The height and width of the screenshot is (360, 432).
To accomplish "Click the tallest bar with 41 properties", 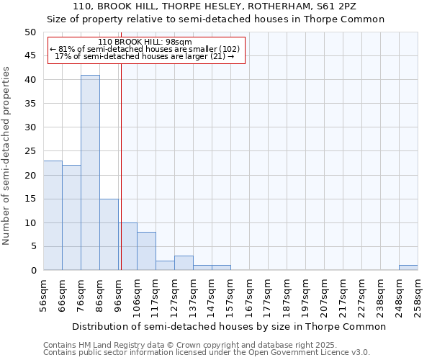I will point(90,173).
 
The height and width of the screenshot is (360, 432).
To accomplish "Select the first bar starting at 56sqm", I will point(53,215).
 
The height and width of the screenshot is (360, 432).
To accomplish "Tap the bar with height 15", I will point(109,235).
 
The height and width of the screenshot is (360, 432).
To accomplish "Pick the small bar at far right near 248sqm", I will point(408,268).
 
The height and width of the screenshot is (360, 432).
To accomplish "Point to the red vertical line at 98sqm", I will point(121,180).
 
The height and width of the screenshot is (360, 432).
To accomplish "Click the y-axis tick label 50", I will point(30,32).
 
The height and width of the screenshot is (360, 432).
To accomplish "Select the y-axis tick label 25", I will point(30,151).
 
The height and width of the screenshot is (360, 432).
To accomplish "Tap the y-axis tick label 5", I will point(33,247).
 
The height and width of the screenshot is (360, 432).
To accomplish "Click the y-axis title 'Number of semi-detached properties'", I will point(7,156).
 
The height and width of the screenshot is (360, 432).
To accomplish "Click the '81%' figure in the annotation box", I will point(66,49).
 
